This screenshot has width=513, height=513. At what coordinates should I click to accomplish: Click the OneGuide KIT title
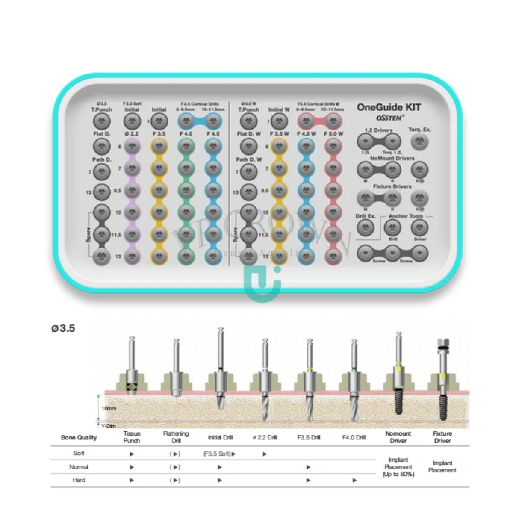(x=389, y=107)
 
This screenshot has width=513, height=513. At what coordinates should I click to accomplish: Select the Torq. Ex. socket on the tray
(x=419, y=142)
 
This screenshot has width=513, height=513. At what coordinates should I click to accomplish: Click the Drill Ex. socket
(x=365, y=227)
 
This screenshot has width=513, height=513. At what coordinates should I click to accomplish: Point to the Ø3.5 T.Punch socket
(x=101, y=122)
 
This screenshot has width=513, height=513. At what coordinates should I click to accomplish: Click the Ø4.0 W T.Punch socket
(x=248, y=122)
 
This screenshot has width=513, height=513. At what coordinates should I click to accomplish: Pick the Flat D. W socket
(x=248, y=146)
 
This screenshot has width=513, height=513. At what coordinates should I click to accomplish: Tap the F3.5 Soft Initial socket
(x=132, y=122)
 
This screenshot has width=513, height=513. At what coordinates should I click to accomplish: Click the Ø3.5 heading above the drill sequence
(x=63, y=328)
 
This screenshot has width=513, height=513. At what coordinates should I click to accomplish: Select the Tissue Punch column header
(x=132, y=437)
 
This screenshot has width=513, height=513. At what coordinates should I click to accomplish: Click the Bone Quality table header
(x=79, y=437)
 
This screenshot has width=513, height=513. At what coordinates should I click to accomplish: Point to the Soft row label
(x=79, y=453)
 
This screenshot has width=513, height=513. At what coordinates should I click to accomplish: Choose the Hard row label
(x=79, y=480)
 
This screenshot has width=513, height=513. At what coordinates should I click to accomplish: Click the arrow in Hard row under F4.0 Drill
(x=354, y=480)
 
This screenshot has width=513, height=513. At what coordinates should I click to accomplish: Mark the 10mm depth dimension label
(x=109, y=408)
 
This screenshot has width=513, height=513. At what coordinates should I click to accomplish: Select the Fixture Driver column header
(x=442, y=437)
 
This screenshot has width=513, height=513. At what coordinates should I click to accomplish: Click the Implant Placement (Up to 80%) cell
(x=398, y=467)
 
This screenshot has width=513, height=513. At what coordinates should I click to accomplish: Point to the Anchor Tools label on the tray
(x=405, y=216)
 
